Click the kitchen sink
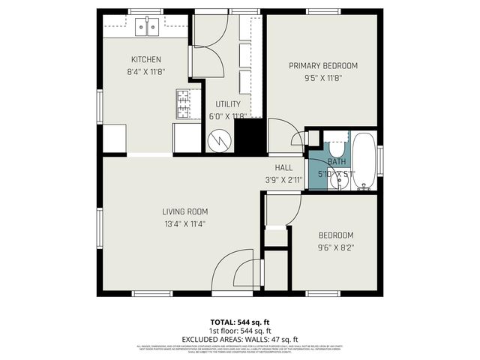tap(148, 28)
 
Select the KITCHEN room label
tap(146, 60)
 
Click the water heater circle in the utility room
tap(219, 140)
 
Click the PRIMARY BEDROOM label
tap(323, 65)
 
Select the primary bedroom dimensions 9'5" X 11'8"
tap(323, 76)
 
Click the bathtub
tap(365, 162)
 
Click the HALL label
tap(283, 168)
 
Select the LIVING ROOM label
tap(184, 211)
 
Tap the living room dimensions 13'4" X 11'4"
tap(184, 223)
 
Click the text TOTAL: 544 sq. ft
tap(238, 322)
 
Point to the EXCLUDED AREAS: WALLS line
tap(238, 339)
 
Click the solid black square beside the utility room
tap(249, 136)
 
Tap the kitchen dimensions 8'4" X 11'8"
tap(146, 72)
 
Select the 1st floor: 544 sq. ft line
tap(238, 331)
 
